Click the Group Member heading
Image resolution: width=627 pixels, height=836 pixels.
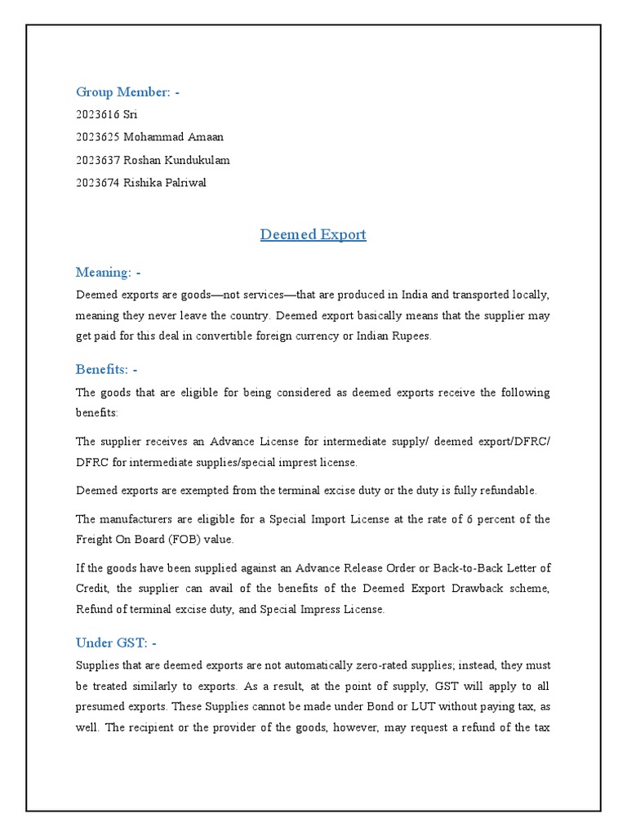(x=127, y=92)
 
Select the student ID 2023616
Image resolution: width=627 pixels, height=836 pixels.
(x=97, y=115)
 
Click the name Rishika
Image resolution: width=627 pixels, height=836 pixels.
(x=142, y=183)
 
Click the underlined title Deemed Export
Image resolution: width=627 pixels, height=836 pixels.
(x=313, y=234)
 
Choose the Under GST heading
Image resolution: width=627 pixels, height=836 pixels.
(x=119, y=643)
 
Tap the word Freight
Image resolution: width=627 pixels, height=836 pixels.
(x=95, y=539)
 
